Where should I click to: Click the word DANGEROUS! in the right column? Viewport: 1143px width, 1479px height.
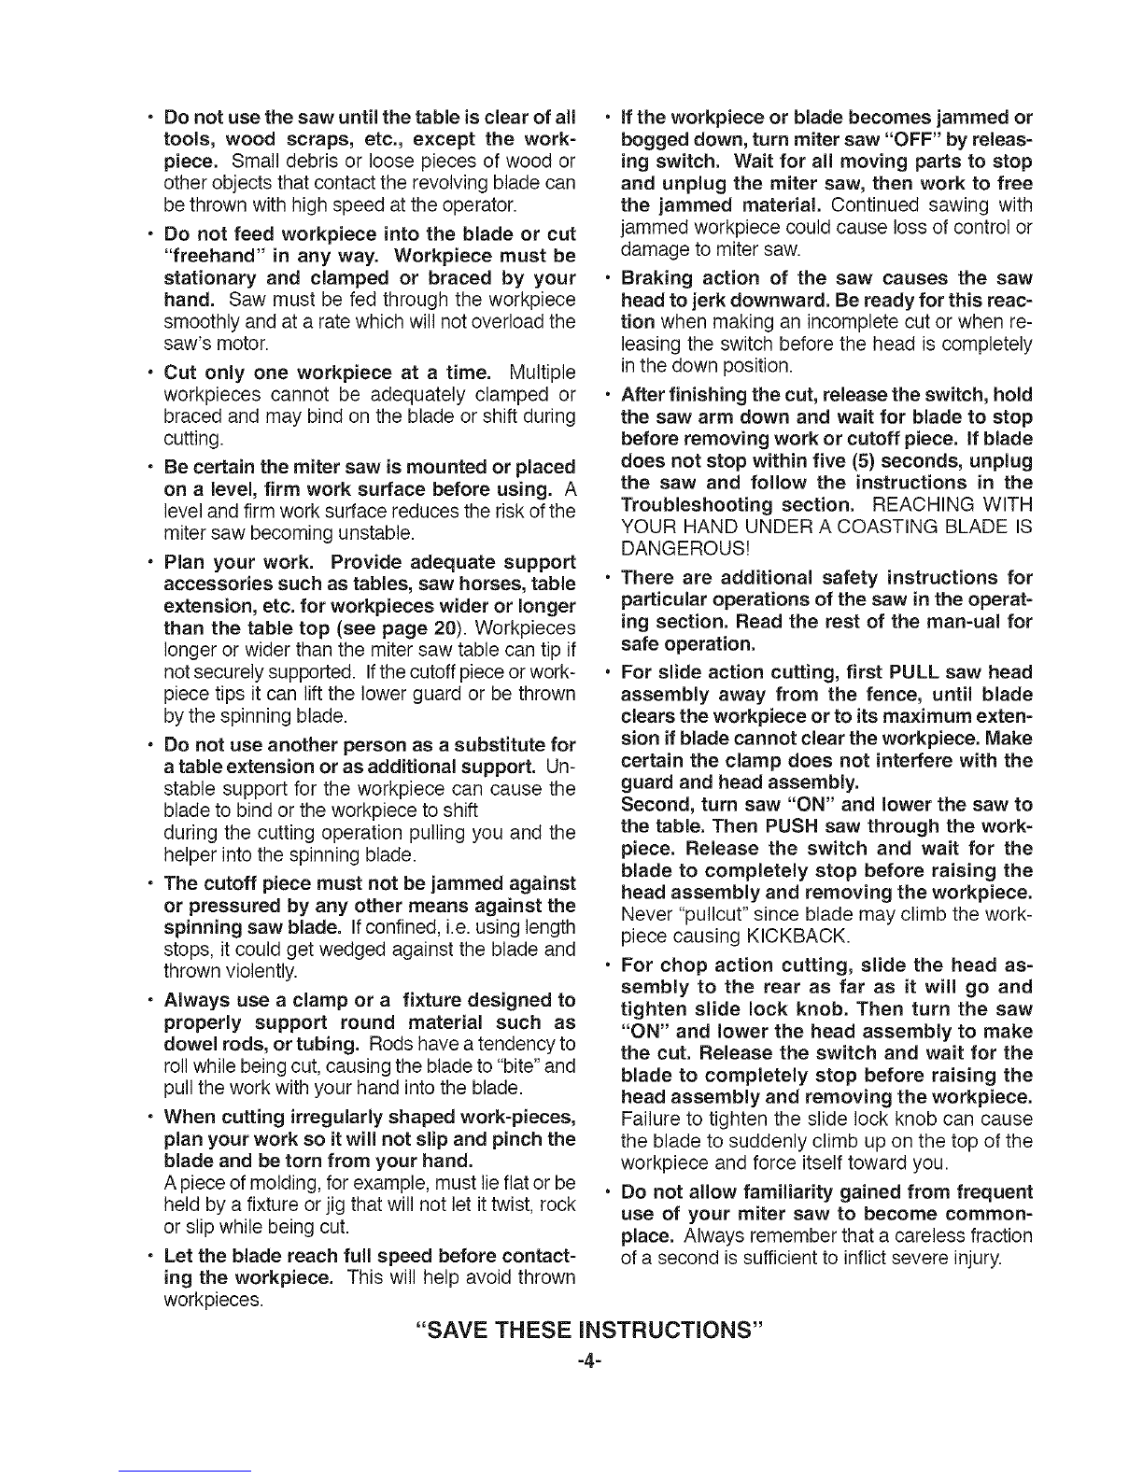686,547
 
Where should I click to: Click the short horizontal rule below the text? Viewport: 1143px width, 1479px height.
186,1472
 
